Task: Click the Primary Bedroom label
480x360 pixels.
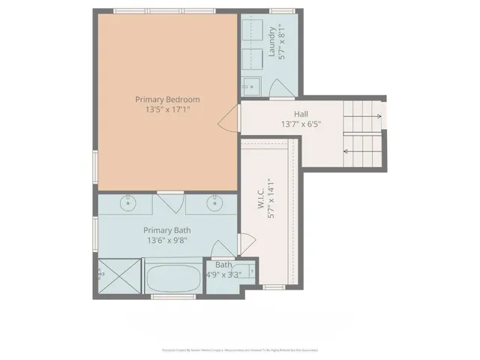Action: [167, 99]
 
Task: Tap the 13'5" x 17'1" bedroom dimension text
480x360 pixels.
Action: [167, 109]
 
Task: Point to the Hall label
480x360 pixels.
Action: [300, 114]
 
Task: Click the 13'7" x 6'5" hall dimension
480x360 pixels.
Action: [300, 124]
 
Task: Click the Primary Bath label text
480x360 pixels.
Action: [167, 230]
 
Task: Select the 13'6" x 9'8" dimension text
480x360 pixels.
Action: [167, 241]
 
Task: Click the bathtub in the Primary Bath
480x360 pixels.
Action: [173, 279]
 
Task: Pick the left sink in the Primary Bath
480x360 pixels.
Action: [128, 202]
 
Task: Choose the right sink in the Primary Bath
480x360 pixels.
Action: [216, 202]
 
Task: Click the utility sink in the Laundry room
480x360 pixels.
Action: [250, 85]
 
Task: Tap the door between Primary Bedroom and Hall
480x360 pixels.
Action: [228, 119]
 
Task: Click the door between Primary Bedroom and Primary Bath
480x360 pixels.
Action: [171, 200]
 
